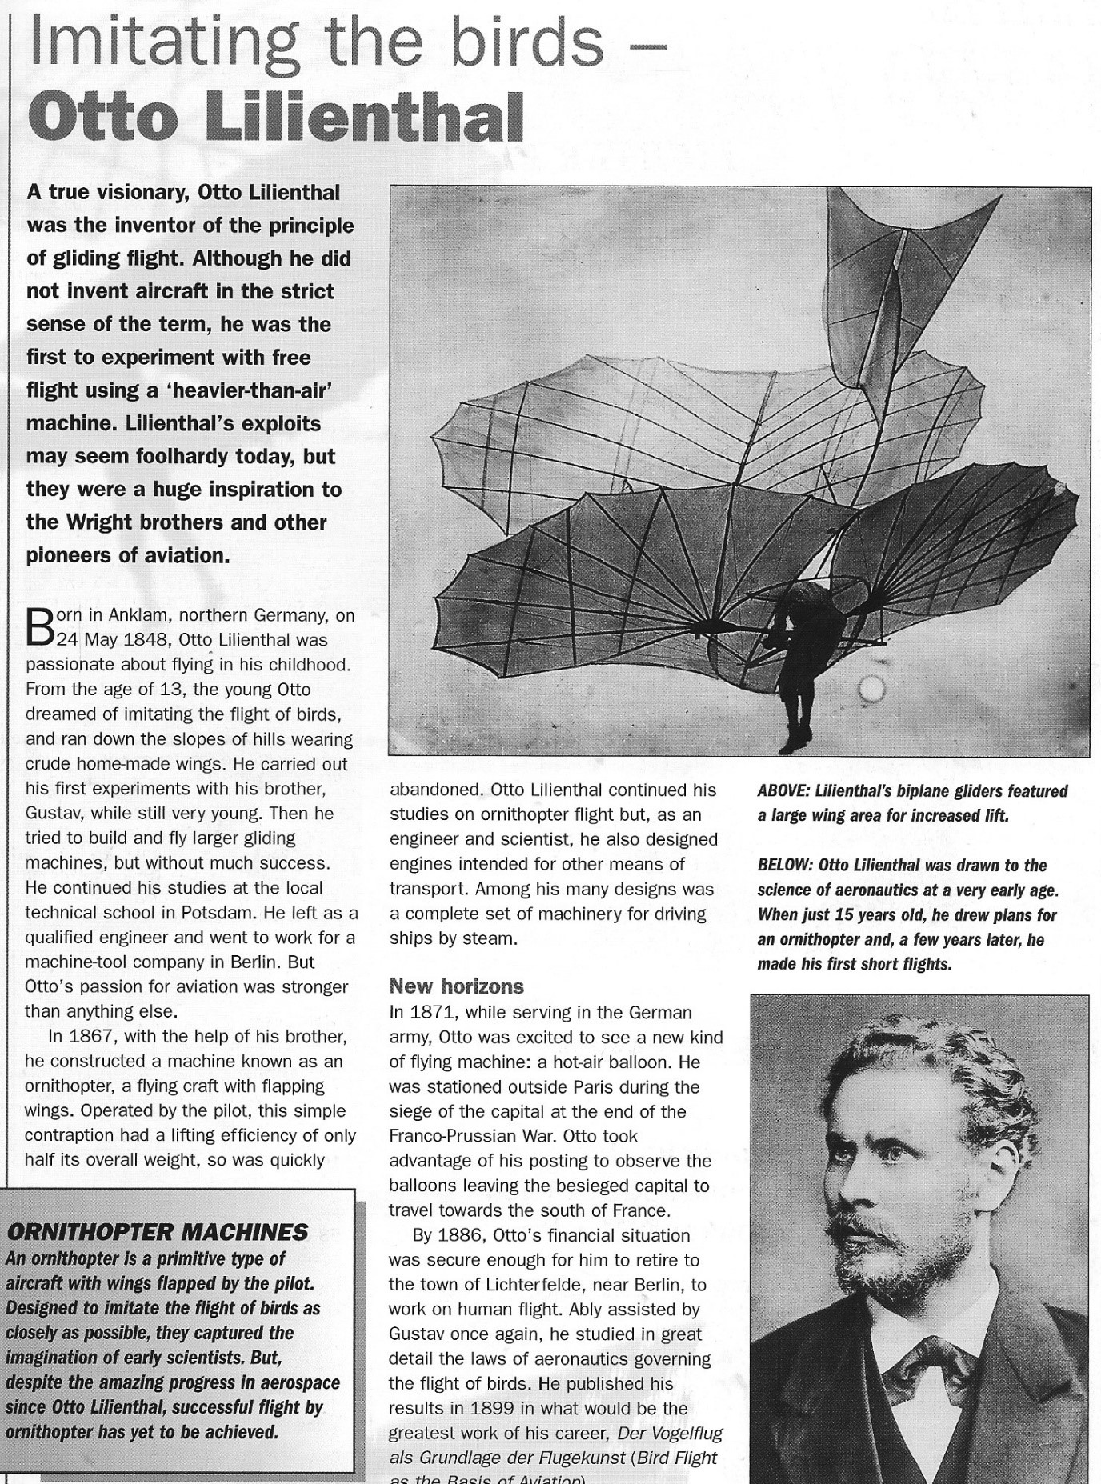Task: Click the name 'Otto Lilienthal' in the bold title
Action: click(275, 118)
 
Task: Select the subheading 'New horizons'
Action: click(456, 986)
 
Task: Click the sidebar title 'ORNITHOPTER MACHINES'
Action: click(157, 1232)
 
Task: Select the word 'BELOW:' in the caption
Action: click(783, 866)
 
